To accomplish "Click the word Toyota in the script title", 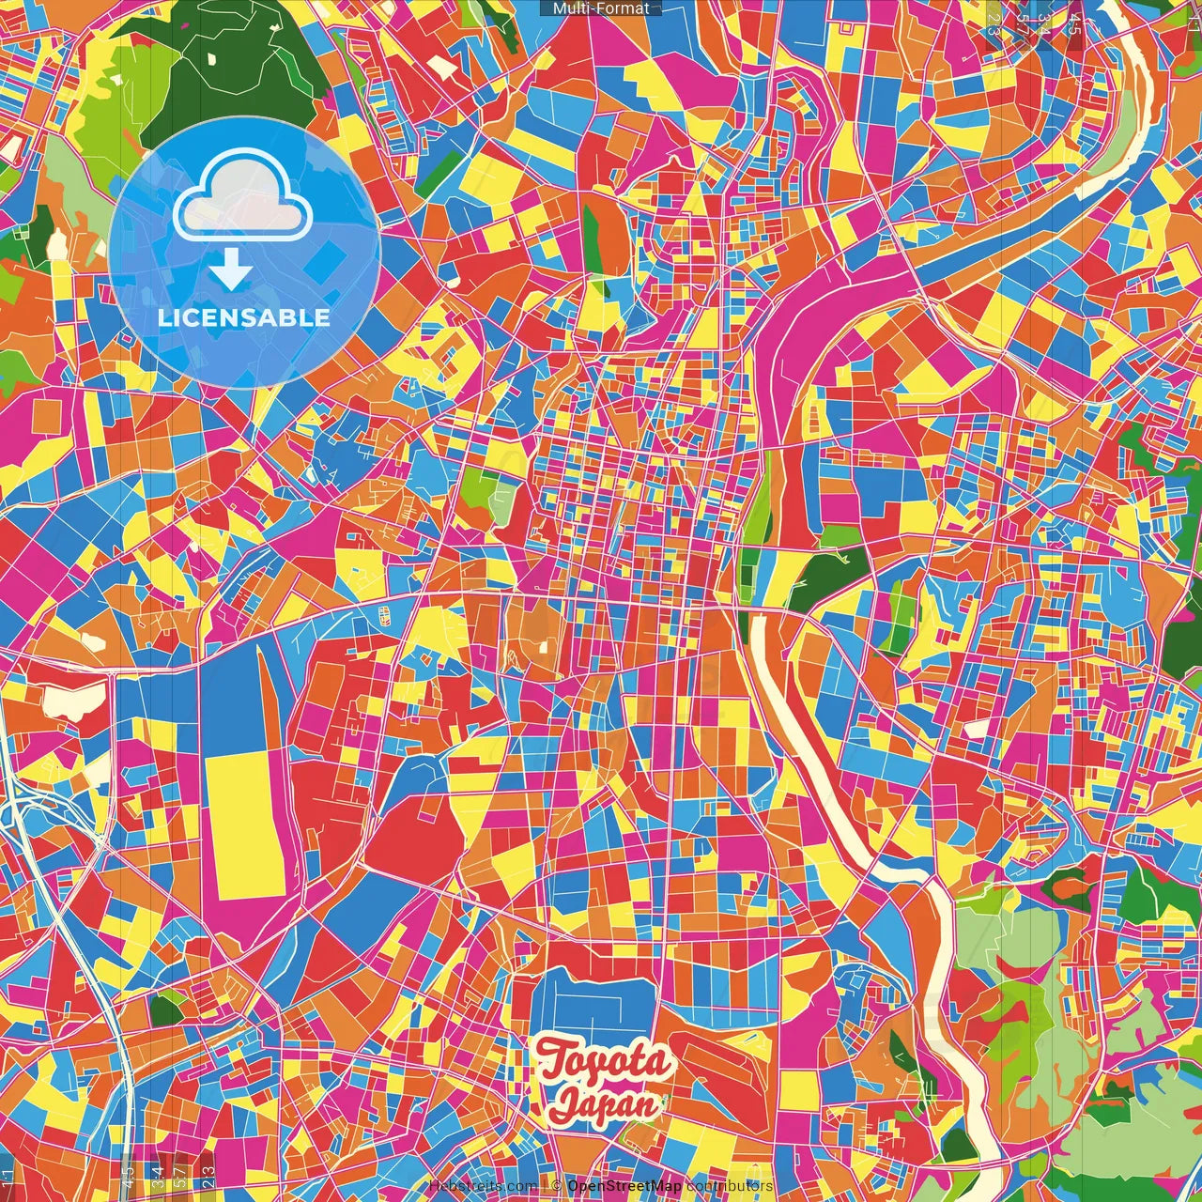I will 606,1062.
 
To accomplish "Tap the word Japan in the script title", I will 606,1102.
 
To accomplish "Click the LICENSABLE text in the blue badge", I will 244,317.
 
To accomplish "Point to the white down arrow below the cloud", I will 231,270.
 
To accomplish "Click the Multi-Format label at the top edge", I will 601,8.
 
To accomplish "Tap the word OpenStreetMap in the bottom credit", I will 624,1186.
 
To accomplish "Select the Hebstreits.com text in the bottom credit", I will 483,1186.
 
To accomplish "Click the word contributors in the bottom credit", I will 730,1186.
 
